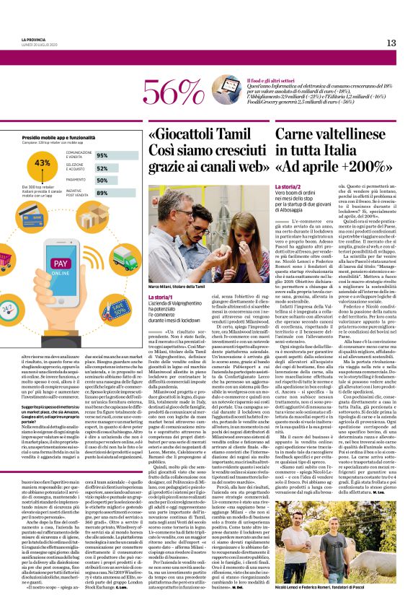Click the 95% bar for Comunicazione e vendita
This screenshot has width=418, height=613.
coord(112,155)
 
